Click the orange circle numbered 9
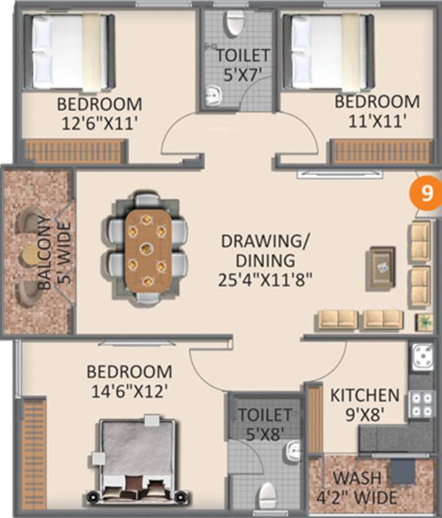426,194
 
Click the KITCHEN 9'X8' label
364,402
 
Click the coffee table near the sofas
381,268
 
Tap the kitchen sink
423,357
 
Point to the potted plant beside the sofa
424,322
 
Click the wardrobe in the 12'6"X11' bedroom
76,152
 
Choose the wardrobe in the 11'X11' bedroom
382,152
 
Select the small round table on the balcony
30,255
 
